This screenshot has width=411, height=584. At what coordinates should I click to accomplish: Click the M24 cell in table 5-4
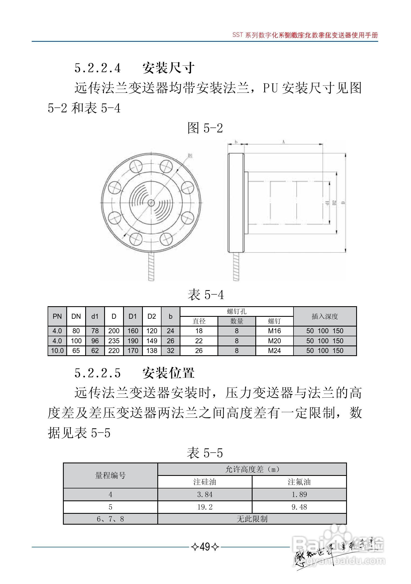tap(274, 351)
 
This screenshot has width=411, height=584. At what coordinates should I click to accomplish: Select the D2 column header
tap(151, 316)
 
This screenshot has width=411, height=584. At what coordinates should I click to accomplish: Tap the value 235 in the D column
tap(114, 341)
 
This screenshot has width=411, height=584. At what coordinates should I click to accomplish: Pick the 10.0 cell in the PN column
tap(57, 351)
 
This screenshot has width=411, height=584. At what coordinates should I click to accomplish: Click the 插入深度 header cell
tap(325, 316)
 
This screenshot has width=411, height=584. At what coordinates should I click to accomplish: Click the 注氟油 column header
tap(299, 482)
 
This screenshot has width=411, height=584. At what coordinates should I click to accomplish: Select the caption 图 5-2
tap(205, 128)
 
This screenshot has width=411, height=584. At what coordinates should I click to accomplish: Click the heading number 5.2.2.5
tap(97, 373)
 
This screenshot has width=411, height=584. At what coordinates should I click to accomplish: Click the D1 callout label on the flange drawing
tap(190, 155)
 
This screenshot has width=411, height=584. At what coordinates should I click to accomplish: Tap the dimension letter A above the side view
tap(283, 142)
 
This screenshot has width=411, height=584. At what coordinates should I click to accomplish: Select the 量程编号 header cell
tap(110, 476)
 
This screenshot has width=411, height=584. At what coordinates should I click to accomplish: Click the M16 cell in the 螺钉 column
tap(274, 331)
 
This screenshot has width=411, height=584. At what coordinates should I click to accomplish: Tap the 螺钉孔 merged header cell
tap(236, 312)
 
